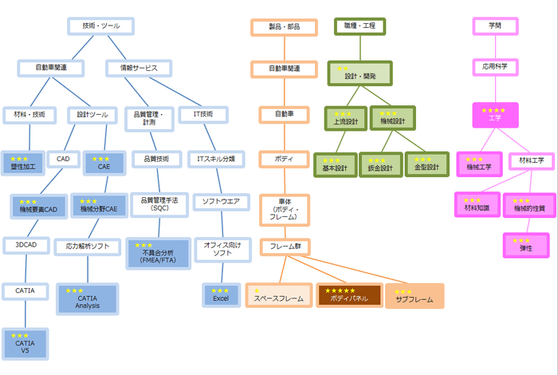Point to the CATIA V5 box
pos(26,343)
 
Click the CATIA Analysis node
pos(87,299)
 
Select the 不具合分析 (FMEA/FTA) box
pos(158,253)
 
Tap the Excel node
pos(221,295)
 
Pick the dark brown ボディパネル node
pos(349,296)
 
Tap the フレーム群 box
pos(285,247)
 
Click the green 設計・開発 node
pos(360,73)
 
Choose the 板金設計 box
pos(382,164)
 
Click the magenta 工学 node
pos(495,116)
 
